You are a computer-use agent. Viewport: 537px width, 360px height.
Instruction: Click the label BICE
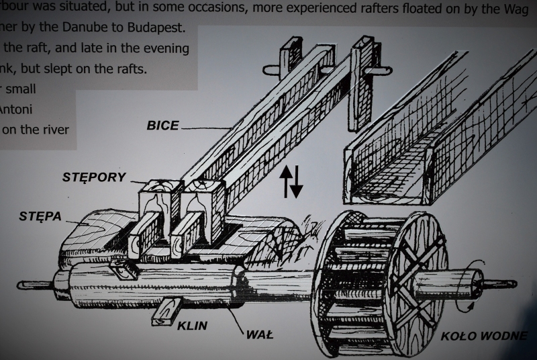click(x=162, y=125)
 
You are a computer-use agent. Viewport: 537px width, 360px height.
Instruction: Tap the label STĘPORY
click(x=94, y=177)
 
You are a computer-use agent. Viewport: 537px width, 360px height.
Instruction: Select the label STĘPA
click(x=41, y=216)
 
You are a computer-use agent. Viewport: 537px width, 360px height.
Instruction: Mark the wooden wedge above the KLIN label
click(x=166, y=311)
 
